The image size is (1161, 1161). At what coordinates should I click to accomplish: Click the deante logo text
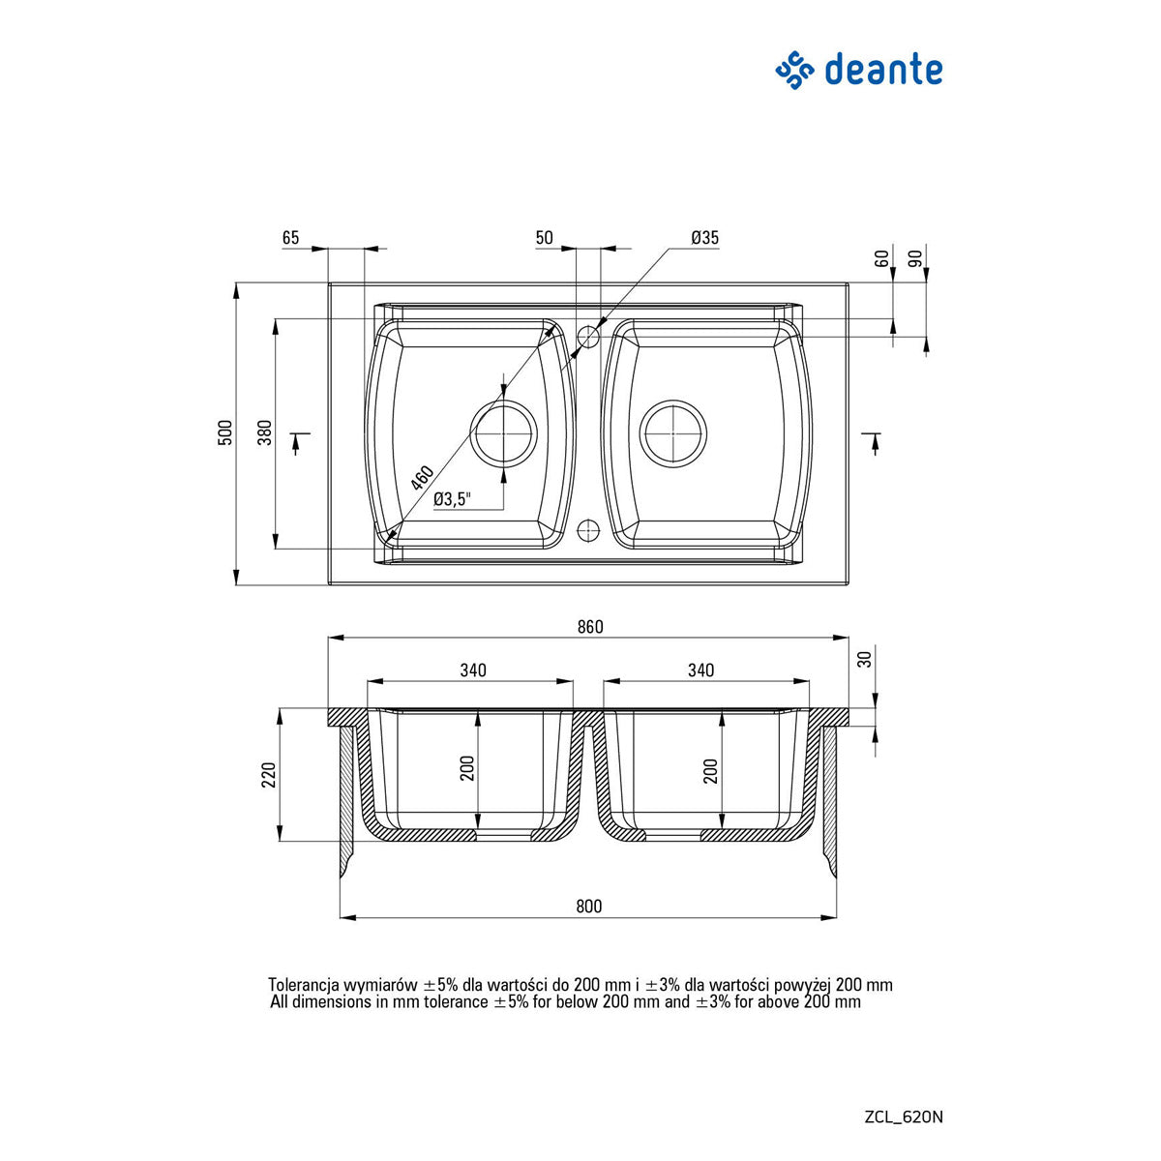click(x=882, y=71)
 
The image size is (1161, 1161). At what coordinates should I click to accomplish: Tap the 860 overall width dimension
click(x=589, y=627)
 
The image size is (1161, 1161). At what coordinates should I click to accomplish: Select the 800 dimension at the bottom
click(x=588, y=907)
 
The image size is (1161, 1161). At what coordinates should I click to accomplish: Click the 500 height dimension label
click(x=225, y=433)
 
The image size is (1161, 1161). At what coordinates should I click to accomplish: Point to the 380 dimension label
click(x=265, y=433)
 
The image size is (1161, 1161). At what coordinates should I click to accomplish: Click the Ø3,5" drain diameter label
click(x=452, y=499)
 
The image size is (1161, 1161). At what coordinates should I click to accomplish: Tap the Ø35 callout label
click(x=704, y=238)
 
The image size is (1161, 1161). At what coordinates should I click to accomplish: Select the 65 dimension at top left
click(x=291, y=238)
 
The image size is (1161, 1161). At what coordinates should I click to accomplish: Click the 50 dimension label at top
click(x=544, y=238)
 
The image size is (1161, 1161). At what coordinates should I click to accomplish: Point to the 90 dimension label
click(x=914, y=258)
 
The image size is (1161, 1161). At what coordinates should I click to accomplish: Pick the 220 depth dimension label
click(x=269, y=776)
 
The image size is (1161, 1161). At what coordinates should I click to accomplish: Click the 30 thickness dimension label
click(x=865, y=659)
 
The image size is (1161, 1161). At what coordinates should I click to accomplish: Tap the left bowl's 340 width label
click(x=472, y=670)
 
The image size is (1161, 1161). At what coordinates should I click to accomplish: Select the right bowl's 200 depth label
click(x=711, y=770)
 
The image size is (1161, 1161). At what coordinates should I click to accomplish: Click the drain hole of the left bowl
click(x=503, y=432)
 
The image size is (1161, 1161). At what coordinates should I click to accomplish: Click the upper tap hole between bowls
click(x=588, y=337)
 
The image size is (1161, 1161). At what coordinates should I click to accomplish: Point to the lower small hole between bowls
click(x=588, y=529)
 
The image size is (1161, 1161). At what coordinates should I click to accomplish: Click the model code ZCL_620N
click(x=903, y=1116)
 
